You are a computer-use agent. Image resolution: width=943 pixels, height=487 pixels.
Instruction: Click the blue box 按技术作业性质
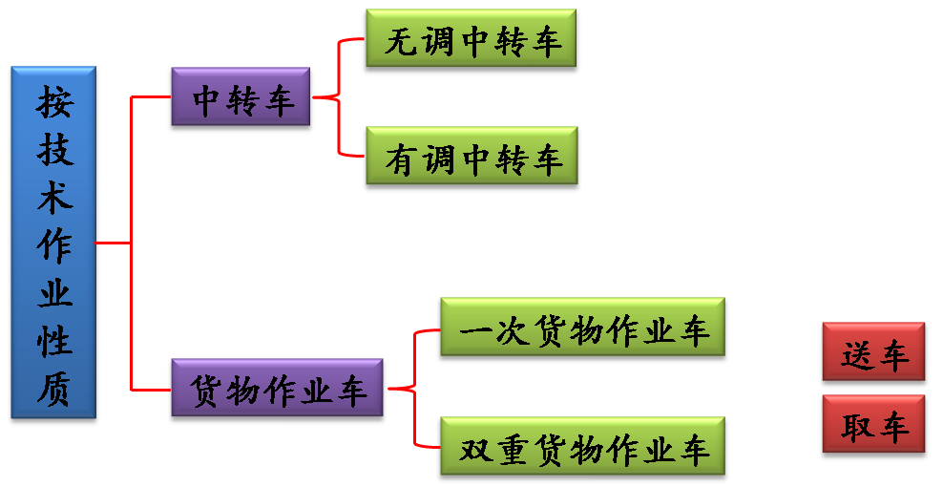tap(53, 243)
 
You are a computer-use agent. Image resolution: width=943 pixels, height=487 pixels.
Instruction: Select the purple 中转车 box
tap(241, 98)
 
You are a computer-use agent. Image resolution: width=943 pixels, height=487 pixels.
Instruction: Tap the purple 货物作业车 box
tap(277, 390)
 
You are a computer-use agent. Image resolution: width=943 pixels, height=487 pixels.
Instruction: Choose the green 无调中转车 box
tap(471, 41)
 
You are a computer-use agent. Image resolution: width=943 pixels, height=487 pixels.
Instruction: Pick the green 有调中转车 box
tap(471, 159)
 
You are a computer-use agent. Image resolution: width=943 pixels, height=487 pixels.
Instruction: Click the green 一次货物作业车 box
tap(582, 329)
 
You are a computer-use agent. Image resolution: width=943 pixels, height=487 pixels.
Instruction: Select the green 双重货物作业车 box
tap(582, 448)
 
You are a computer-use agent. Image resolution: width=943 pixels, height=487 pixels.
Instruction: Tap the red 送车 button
tap(873, 354)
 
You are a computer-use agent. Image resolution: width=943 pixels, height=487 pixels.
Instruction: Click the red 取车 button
tap(873, 427)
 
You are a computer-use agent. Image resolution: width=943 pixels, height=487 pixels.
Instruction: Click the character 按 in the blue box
tap(54, 101)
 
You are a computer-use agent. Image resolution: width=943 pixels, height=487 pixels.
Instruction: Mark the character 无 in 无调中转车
tap(400, 41)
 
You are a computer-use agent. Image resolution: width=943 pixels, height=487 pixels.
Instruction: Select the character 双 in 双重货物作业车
tap(475, 449)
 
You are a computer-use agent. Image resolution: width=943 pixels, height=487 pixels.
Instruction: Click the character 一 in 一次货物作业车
tap(475, 330)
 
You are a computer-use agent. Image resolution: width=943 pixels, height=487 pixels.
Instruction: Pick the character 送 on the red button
tap(856, 354)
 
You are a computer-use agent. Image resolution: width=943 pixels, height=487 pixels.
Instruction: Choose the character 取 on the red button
tap(856, 427)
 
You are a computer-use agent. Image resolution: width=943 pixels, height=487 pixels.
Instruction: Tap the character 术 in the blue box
tap(54, 198)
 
